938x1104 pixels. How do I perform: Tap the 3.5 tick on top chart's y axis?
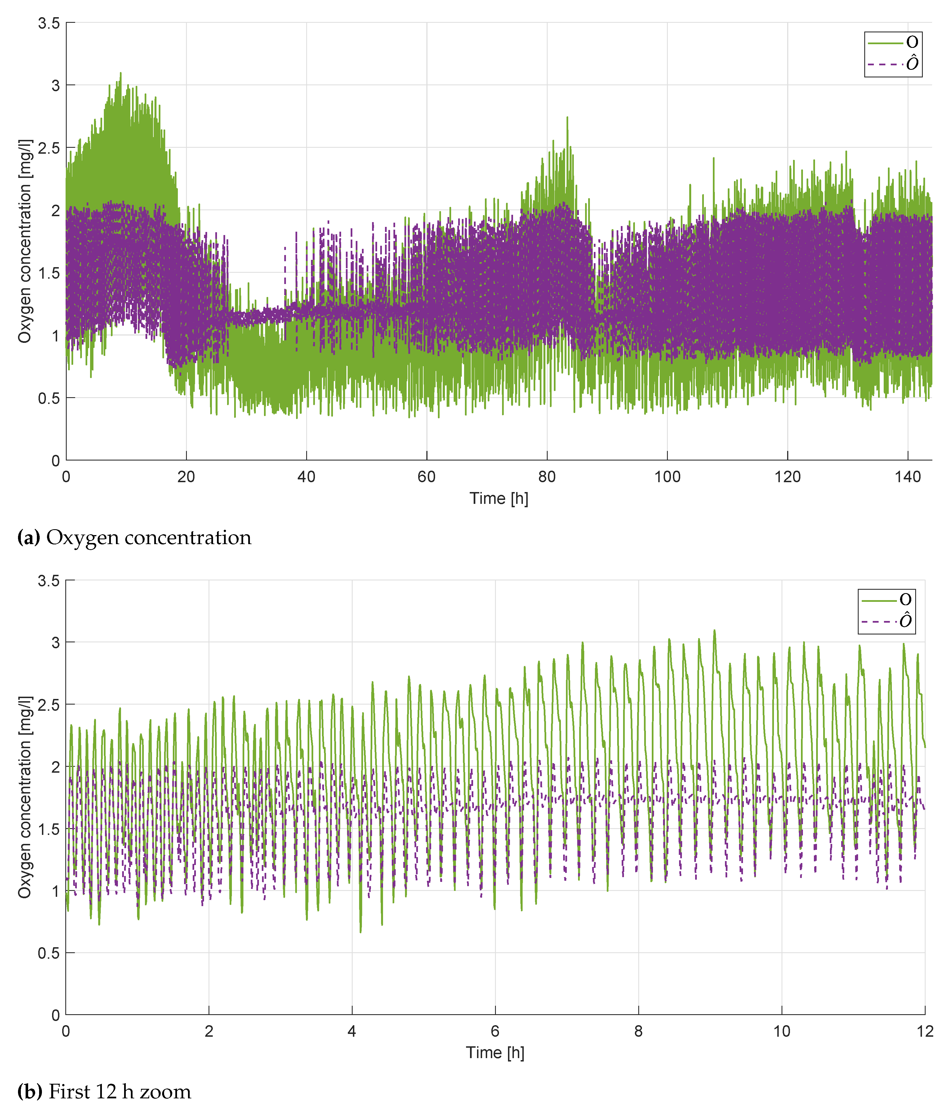click(x=49, y=23)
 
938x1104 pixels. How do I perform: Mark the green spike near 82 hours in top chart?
click(x=567, y=118)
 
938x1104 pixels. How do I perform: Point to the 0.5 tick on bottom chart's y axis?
click(x=49, y=953)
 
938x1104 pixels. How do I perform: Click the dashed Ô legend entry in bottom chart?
click(x=886, y=621)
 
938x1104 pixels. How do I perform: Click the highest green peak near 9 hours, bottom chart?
click(x=714, y=631)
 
